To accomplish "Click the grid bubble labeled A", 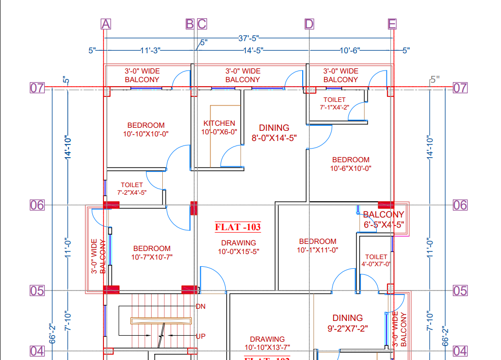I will click(x=105, y=24).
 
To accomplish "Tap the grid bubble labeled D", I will click(x=309, y=24).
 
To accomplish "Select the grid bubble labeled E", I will click(x=392, y=24).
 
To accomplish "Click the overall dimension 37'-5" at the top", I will click(x=249, y=38).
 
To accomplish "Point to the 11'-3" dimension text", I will click(x=150, y=50).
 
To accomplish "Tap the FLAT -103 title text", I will click(x=238, y=227).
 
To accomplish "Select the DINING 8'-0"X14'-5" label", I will click(x=274, y=132).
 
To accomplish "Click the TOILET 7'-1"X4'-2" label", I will click(x=334, y=103).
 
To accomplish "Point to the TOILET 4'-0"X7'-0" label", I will click(x=376, y=260).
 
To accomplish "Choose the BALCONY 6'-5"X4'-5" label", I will click(x=384, y=220).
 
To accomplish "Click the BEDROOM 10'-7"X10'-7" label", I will click(x=152, y=253).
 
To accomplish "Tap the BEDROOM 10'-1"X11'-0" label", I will click(x=317, y=245).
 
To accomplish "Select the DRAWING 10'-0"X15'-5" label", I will click(x=238, y=247).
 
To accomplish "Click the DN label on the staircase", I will click(x=200, y=306).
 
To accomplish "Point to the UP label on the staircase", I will click(x=200, y=336).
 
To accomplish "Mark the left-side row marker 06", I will click(x=37, y=205).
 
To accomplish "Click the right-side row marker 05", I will click(x=460, y=291).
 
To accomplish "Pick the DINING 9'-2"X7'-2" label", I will click(x=347, y=323).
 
